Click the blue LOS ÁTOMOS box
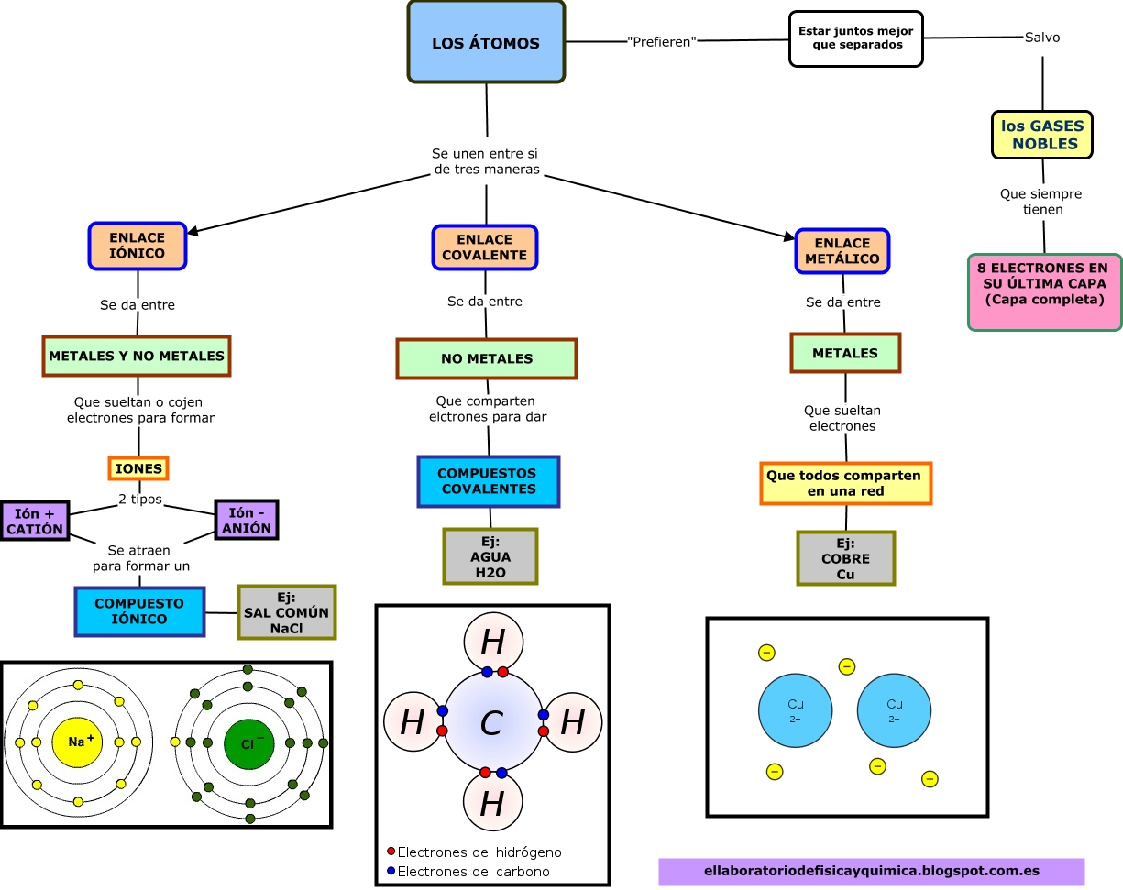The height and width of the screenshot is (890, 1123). click(486, 43)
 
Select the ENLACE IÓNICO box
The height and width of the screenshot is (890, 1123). click(138, 246)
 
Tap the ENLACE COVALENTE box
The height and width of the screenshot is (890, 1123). click(485, 247)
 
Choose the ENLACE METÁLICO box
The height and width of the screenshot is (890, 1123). click(842, 251)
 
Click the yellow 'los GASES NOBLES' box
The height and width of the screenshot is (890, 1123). click(1042, 135)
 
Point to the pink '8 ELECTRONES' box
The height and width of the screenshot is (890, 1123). click(1044, 291)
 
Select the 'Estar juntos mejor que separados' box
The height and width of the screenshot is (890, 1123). click(856, 38)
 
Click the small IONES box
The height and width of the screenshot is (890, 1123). click(138, 468)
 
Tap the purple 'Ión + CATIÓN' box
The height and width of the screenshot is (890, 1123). click(35, 522)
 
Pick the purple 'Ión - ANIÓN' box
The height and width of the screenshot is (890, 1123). click(246, 520)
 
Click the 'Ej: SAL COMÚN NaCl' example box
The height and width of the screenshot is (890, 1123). click(286, 612)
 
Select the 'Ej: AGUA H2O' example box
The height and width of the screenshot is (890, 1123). click(490, 556)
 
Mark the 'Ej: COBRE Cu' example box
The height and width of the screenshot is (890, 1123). click(845, 558)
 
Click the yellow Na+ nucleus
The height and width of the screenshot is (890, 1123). click(79, 742)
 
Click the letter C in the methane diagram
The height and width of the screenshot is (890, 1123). click(492, 724)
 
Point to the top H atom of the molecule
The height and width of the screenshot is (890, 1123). click(492, 643)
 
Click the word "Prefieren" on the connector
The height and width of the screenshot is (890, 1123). click(662, 42)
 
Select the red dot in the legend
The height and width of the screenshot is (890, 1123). click(391, 852)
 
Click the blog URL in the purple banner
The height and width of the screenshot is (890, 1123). click(871, 871)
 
